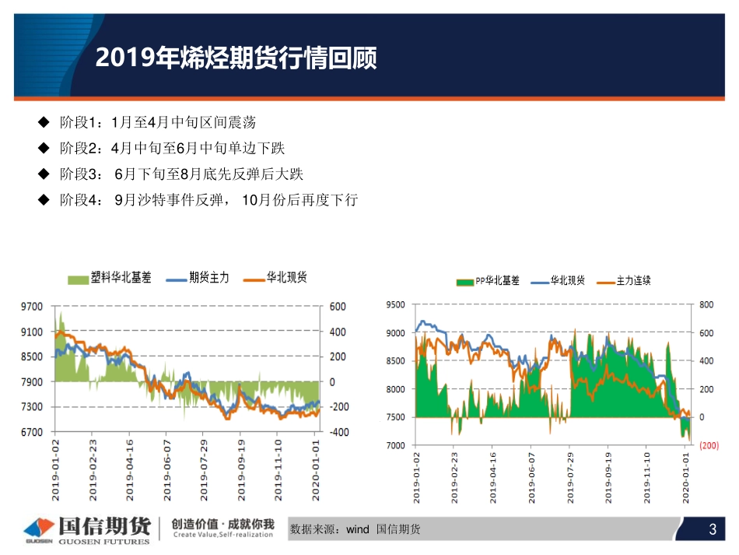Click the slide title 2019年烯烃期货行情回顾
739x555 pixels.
236,58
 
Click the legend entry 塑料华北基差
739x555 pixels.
124,278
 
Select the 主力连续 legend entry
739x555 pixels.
633,281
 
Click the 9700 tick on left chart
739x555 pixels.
32,307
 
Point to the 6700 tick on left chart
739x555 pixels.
32,432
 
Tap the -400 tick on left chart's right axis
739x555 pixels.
340,432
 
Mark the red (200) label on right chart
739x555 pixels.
709,445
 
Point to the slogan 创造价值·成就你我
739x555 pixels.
222,524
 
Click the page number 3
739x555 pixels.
712,530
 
